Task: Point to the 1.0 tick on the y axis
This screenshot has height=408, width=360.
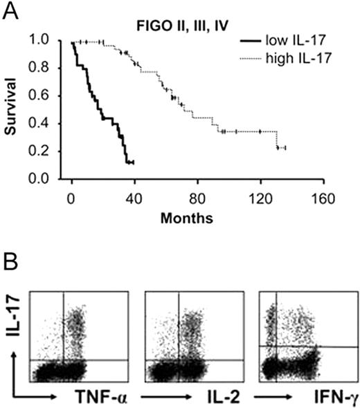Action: point(51,41)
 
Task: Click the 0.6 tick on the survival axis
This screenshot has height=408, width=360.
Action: point(51,97)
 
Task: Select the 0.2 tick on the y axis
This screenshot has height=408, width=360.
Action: point(51,151)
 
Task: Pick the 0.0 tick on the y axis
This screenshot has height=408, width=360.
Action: point(51,179)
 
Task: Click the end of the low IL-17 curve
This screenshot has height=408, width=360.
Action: point(132,163)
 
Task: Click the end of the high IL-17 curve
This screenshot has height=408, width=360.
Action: point(285,148)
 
